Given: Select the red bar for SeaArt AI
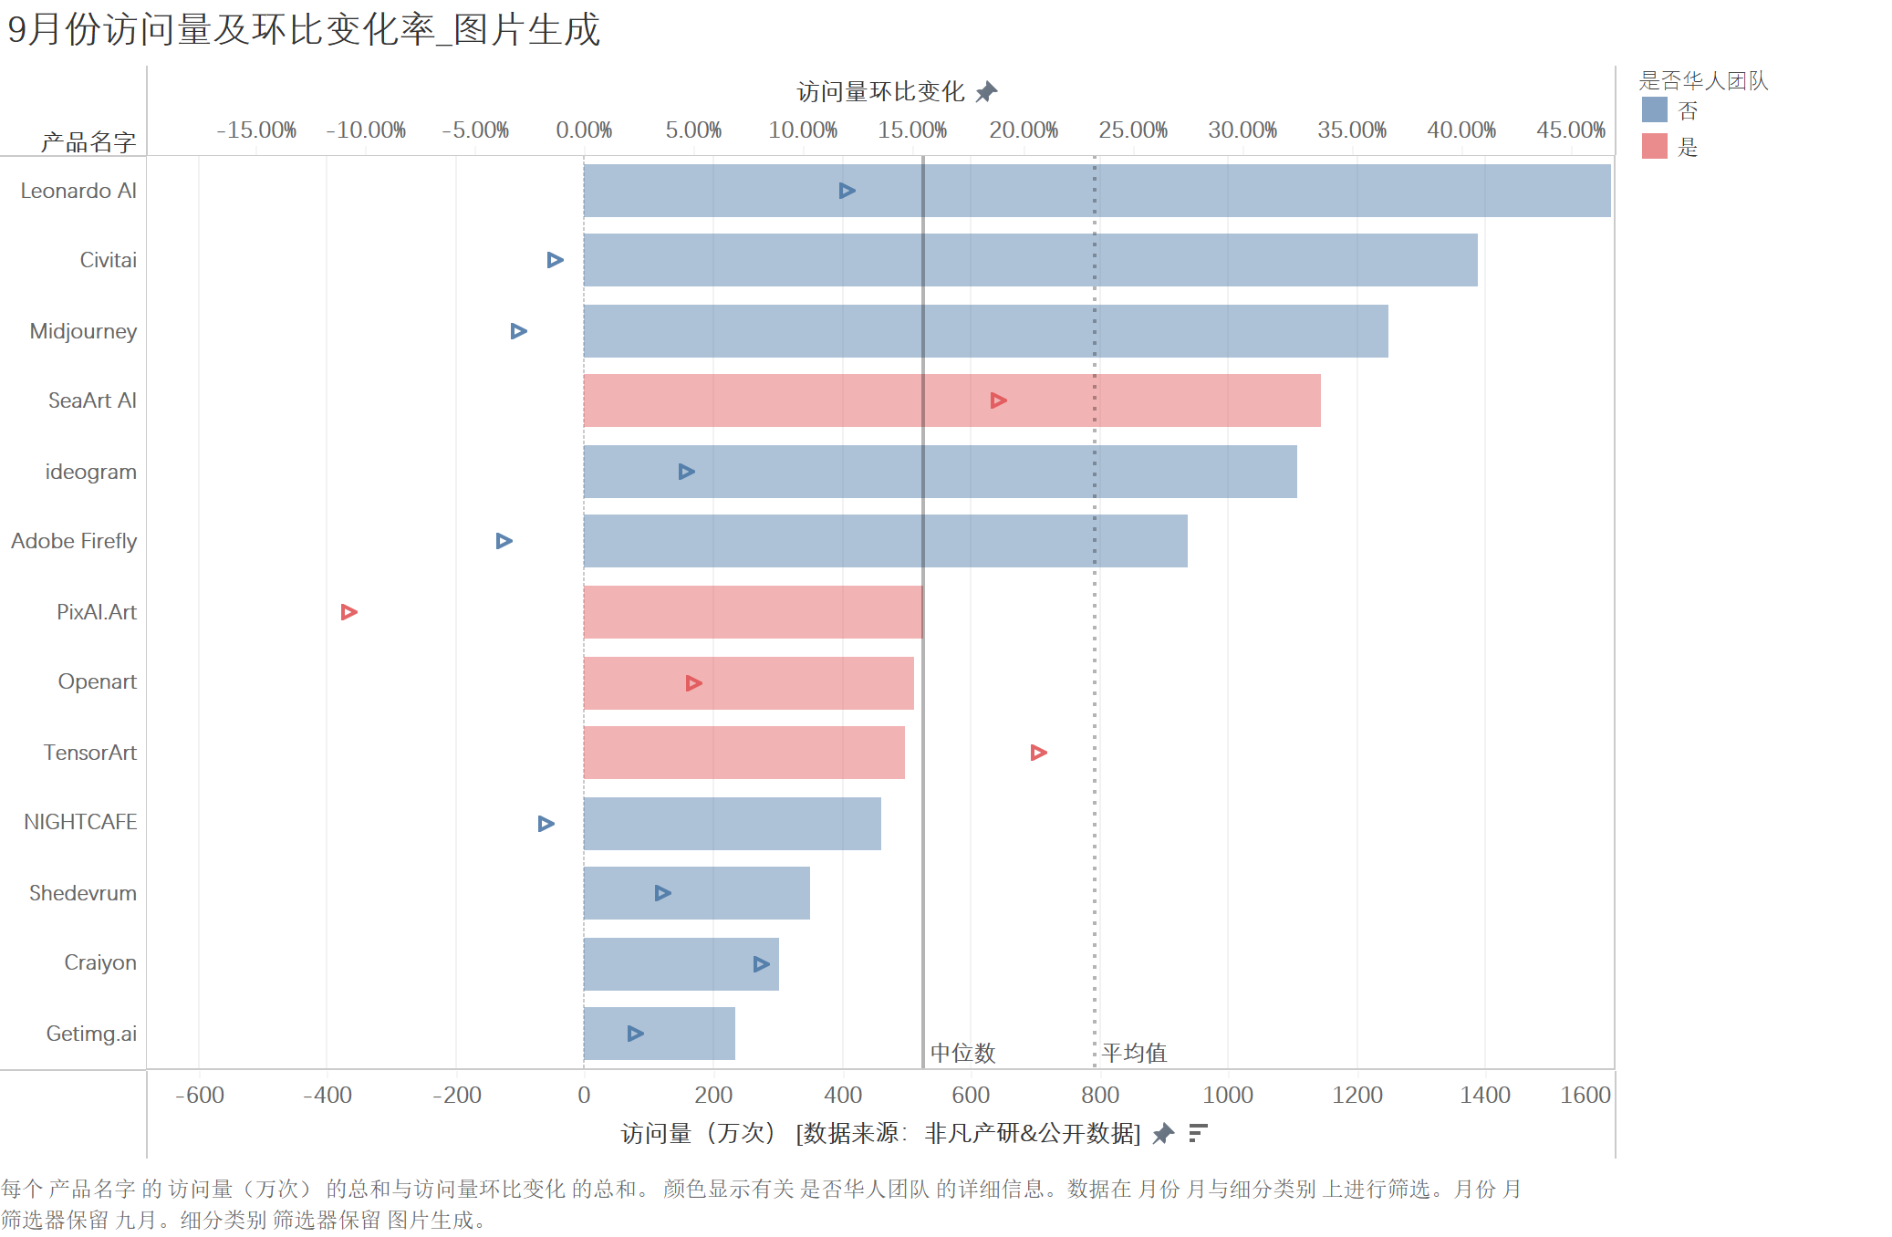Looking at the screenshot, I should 951,400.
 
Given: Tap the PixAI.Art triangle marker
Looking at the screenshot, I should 348,612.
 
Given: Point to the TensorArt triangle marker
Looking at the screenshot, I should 1038,753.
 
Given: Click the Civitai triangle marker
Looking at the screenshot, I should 555,260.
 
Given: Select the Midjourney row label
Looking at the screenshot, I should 83,331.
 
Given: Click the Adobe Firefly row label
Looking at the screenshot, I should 74,541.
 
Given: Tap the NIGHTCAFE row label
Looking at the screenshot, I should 80,822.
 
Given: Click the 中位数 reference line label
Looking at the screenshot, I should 962,1053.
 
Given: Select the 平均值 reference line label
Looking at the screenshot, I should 1134,1053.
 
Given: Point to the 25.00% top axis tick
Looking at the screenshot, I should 1133,130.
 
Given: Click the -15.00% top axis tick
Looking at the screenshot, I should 256,130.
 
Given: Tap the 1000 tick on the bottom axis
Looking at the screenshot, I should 1228,1095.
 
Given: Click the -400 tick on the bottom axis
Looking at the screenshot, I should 327,1095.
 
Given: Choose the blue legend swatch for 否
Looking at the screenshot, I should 1654,110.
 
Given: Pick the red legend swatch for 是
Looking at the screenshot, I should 1654,146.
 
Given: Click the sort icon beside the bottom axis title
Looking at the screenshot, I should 1198,1133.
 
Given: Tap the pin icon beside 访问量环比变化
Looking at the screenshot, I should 986,92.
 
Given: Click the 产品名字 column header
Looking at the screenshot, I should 88,141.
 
